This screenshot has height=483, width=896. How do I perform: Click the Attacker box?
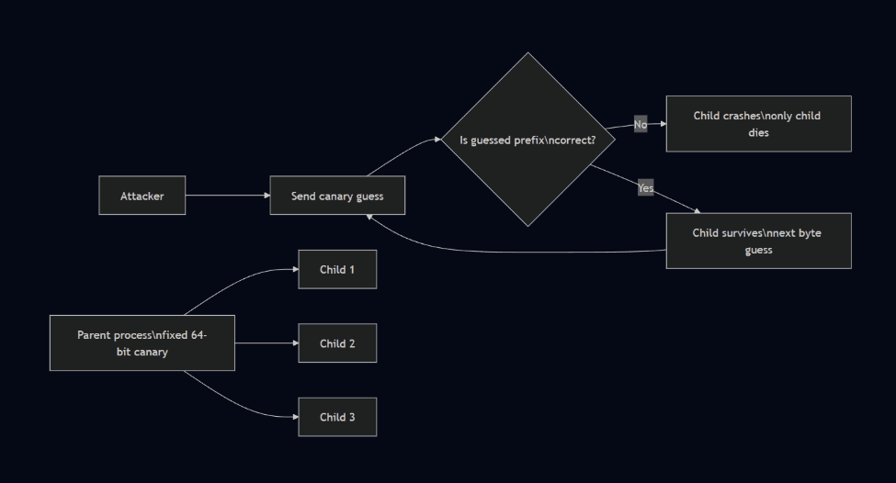142,196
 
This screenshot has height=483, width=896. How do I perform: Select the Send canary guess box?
337,196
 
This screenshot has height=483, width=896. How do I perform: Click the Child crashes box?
758,123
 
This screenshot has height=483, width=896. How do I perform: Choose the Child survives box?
758,241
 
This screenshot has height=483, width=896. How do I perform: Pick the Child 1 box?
337,269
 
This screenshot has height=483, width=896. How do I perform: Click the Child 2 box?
337,343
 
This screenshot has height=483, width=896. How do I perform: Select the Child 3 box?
337,417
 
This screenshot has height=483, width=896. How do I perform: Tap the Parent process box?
142,343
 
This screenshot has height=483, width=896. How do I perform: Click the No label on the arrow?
641,124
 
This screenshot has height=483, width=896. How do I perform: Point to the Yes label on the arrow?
646,188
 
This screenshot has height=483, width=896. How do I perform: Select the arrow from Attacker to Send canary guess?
227,196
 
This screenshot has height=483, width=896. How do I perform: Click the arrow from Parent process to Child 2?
267,343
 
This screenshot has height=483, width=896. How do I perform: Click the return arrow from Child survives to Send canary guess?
515,251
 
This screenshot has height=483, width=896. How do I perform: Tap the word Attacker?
142,196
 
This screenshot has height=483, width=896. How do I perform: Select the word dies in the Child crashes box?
758,132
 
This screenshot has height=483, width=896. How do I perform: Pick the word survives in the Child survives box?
743,232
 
